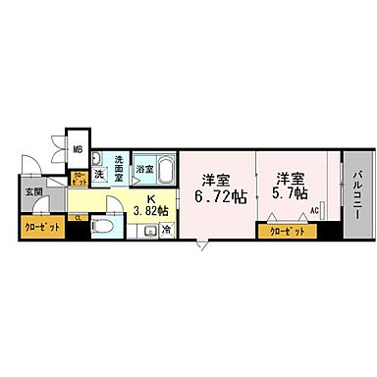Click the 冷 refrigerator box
165,231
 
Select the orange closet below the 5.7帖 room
287,232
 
